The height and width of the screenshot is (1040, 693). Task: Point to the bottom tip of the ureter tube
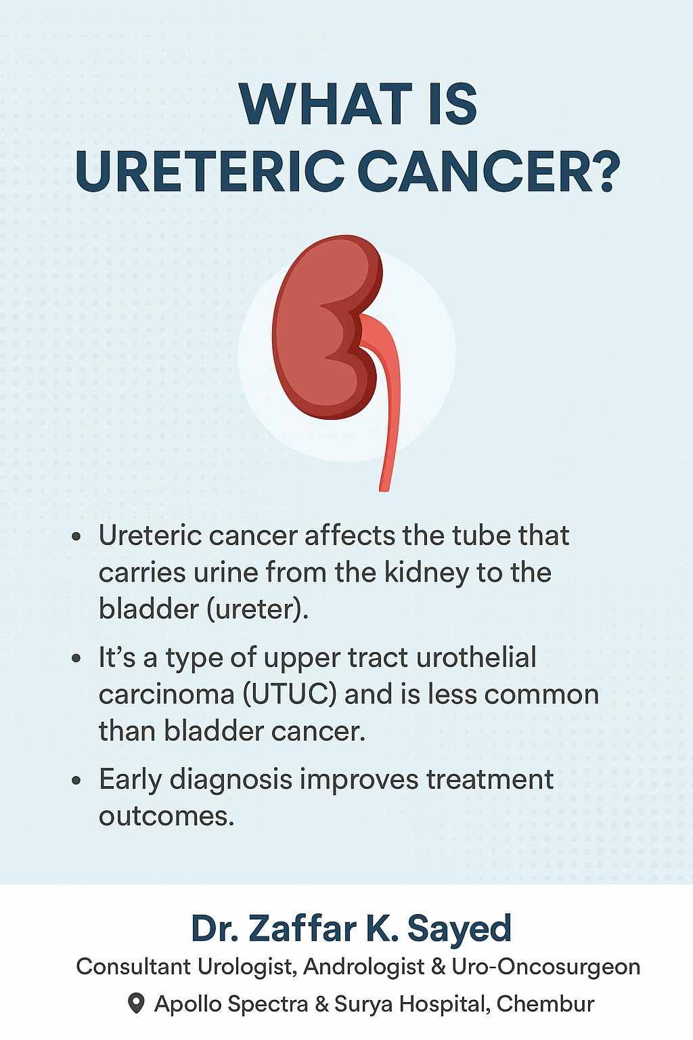click(384, 488)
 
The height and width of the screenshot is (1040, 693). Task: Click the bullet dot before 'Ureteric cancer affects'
click(76, 537)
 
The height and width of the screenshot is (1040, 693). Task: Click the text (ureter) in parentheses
click(258, 609)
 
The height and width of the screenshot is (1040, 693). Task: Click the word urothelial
click(476, 657)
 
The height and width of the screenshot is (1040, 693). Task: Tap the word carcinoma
click(166, 695)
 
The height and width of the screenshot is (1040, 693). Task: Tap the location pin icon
click(135, 1003)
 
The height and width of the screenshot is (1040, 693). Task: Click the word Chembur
click(545, 1004)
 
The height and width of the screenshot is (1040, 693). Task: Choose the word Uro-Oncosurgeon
click(546, 967)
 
